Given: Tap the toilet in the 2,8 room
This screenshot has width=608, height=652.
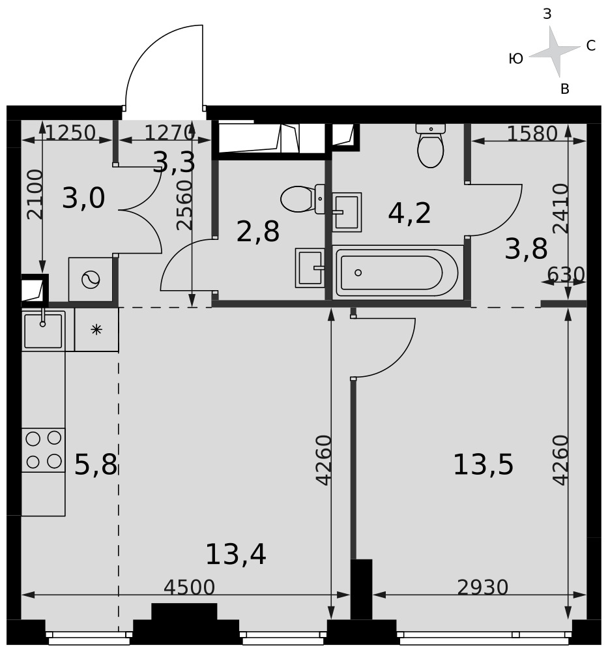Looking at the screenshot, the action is (x=302, y=199).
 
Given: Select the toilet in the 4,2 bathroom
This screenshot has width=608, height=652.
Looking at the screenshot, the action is (x=431, y=145).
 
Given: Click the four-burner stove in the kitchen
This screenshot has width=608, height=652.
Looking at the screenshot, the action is (x=43, y=450).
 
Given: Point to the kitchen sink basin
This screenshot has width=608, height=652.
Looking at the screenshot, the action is (x=43, y=331).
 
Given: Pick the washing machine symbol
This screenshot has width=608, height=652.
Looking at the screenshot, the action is (x=91, y=280).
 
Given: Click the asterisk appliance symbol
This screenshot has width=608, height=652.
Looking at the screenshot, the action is (x=96, y=330).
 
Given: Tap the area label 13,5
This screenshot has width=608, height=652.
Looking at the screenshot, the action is (x=483, y=464).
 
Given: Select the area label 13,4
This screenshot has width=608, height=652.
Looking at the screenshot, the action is (x=236, y=554).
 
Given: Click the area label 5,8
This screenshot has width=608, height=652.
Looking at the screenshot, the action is (x=96, y=464).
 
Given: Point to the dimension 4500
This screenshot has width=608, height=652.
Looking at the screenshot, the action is (x=189, y=587).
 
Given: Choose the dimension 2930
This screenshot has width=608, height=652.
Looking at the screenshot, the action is (x=482, y=587).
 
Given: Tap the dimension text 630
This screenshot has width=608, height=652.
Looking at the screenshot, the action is (x=566, y=274).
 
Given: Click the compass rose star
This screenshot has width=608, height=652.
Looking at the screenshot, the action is (x=555, y=52).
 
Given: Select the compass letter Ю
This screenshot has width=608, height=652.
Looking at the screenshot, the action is (x=515, y=59).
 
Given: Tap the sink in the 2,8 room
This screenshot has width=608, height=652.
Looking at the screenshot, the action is (x=310, y=268).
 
